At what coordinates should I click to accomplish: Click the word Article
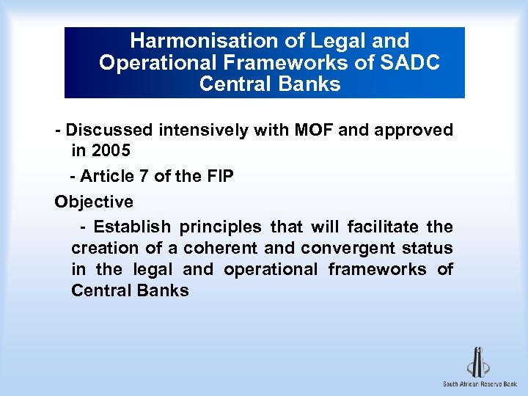pyautogui.click(x=107, y=176)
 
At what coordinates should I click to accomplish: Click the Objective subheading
pyautogui.click(x=94, y=202)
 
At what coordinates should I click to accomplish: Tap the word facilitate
pyautogui.click(x=386, y=227)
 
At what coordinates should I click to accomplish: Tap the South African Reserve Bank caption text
pyautogui.click(x=480, y=384)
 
